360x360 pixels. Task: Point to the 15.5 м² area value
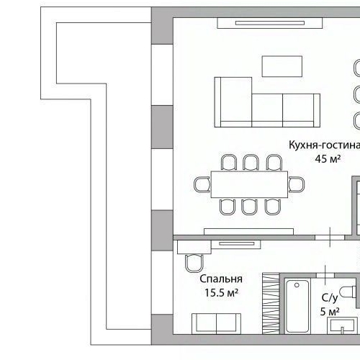pyautogui.click(x=221, y=293)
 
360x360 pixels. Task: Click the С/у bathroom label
pyautogui.click(x=329, y=297)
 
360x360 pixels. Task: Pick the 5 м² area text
pyautogui.click(x=329, y=312)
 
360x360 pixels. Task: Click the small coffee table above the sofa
pyautogui.click(x=282, y=66)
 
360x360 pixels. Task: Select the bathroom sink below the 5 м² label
pyautogui.click(x=342, y=327)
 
